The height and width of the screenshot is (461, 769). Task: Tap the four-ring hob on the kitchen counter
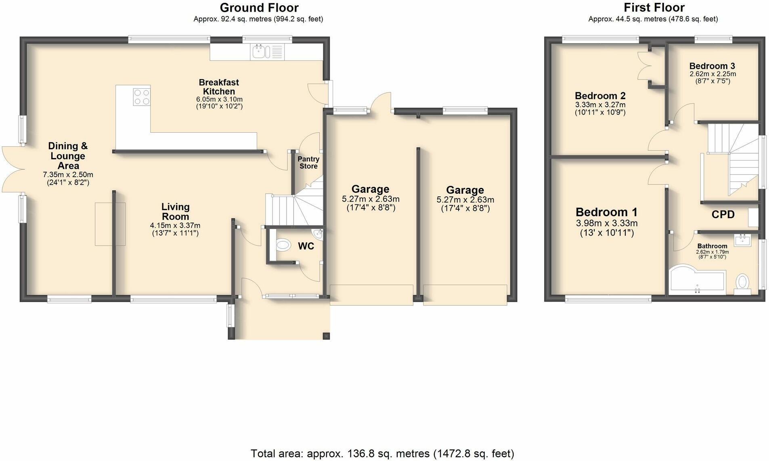coord(141,96)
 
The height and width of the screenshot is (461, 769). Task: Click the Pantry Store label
coord(308,163)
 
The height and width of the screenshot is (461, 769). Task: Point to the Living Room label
coord(175,212)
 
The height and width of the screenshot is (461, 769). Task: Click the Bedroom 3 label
coord(712,66)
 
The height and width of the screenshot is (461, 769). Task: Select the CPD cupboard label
coord(723,215)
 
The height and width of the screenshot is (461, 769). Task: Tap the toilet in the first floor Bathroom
coord(742,282)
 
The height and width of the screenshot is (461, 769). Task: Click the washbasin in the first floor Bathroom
coord(742,241)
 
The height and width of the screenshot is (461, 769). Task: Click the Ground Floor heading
coord(259,8)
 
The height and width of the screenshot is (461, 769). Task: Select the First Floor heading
coord(654,8)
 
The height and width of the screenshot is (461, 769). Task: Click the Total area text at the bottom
coord(382,454)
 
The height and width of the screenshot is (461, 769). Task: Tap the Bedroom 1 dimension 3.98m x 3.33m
coord(606,223)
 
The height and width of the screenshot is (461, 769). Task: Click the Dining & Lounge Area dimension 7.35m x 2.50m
coord(68,175)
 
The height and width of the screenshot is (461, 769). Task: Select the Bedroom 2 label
coord(600,96)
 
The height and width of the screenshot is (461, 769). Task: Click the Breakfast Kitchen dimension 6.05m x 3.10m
coord(219,99)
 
